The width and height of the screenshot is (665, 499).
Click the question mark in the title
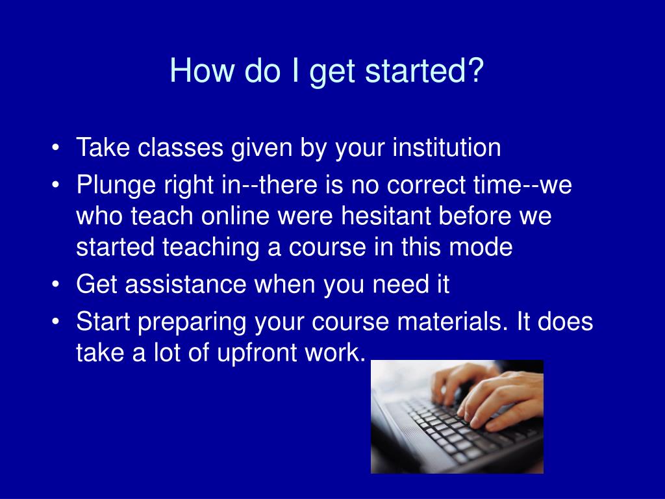point(476,70)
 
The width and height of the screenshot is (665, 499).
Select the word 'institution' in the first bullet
point(447,147)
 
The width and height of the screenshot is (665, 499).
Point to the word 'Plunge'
point(116,185)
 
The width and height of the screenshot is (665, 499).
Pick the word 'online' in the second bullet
point(235,216)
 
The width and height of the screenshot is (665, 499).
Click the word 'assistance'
point(186,284)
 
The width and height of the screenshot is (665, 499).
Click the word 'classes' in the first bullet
point(181,147)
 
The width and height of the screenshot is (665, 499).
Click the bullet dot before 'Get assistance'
point(55,285)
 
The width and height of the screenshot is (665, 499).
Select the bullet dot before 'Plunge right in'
point(55,186)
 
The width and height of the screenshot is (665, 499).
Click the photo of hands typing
point(457,416)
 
